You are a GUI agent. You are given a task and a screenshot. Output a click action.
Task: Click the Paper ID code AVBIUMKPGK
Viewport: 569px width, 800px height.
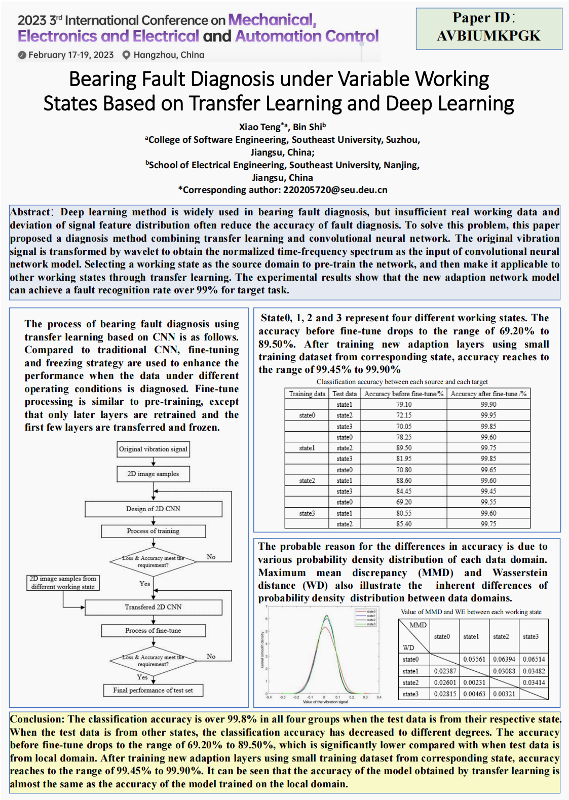click(488, 36)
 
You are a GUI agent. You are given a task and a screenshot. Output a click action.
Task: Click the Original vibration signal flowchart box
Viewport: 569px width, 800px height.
click(153, 449)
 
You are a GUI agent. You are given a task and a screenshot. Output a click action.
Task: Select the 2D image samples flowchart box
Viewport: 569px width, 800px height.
click(153, 474)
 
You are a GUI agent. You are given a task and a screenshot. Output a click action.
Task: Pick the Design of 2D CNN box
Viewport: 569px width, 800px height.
click(153, 509)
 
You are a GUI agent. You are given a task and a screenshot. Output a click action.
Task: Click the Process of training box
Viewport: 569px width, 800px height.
click(153, 531)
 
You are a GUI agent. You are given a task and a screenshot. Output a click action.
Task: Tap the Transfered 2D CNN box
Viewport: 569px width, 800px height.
click(153, 607)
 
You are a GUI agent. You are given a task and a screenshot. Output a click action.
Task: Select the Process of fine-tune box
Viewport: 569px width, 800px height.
click(153, 630)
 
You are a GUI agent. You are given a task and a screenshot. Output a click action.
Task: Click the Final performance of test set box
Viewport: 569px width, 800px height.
click(153, 690)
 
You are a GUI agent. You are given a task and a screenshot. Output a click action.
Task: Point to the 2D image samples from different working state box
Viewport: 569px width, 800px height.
click(63, 583)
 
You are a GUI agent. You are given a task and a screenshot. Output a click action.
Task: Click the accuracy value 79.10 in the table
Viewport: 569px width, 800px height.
click(404, 405)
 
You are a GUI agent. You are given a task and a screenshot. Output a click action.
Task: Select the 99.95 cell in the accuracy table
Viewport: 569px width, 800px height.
click(488, 415)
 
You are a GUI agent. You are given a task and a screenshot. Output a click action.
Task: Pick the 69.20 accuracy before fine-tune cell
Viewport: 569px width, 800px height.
click(404, 502)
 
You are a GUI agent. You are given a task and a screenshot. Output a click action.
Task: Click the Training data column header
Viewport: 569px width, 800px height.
click(307, 394)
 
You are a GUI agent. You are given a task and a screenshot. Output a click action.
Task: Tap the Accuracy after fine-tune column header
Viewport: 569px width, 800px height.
click(488, 394)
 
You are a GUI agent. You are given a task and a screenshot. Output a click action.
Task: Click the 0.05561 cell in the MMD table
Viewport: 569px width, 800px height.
click(474, 659)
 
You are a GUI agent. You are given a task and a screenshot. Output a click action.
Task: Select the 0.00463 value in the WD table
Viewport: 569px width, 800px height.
click(474, 694)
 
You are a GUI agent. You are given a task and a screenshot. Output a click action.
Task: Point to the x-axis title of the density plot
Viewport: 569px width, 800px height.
click(325, 702)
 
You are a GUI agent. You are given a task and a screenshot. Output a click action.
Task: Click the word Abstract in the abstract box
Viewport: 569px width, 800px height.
click(30, 212)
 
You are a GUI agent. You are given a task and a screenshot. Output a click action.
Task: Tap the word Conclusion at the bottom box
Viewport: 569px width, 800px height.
click(37, 719)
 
